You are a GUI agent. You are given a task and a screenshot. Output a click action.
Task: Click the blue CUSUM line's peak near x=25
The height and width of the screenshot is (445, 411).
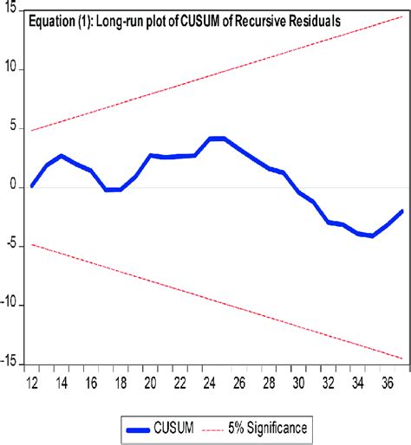pyautogui.click(x=217, y=139)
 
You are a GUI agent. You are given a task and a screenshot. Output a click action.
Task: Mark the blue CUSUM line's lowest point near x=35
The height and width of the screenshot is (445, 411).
pyautogui.click(x=372, y=235)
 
